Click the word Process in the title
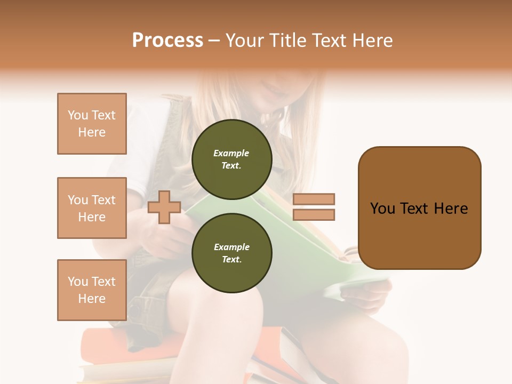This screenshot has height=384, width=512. pyautogui.click(x=167, y=41)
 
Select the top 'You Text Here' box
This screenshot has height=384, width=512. pyautogui.click(x=92, y=124)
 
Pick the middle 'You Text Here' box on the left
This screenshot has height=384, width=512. pyautogui.click(x=92, y=208)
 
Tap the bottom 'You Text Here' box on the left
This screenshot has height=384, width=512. pyautogui.click(x=92, y=290)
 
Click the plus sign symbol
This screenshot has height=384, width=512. pyautogui.click(x=164, y=207)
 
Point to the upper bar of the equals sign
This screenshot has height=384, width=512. pyautogui.click(x=314, y=199)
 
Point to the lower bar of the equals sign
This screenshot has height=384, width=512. pyautogui.click(x=314, y=215)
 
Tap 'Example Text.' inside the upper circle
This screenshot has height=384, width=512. pyautogui.click(x=231, y=159)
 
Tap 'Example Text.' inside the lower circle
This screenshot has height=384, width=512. pyautogui.click(x=231, y=253)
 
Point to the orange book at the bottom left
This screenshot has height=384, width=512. pyautogui.click(x=101, y=347)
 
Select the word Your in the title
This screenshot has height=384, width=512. pyautogui.click(x=243, y=41)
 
